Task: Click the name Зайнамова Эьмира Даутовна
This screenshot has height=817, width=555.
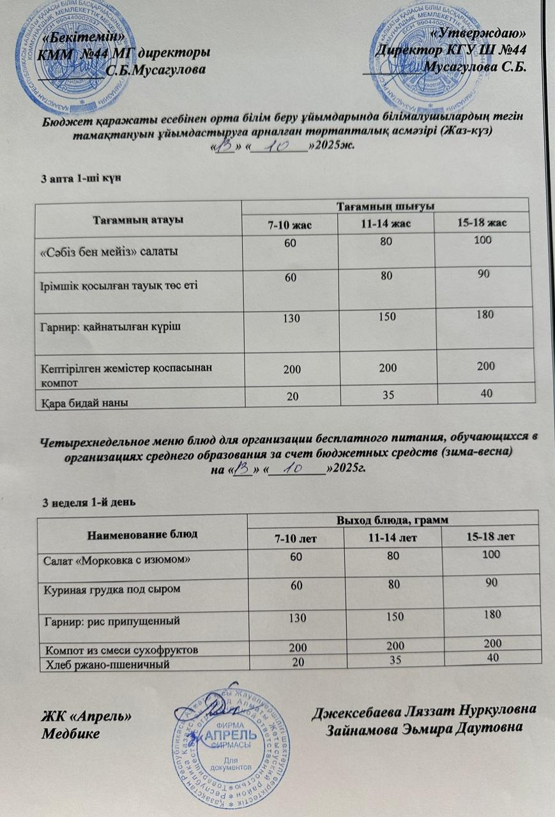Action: click(x=425, y=728)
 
